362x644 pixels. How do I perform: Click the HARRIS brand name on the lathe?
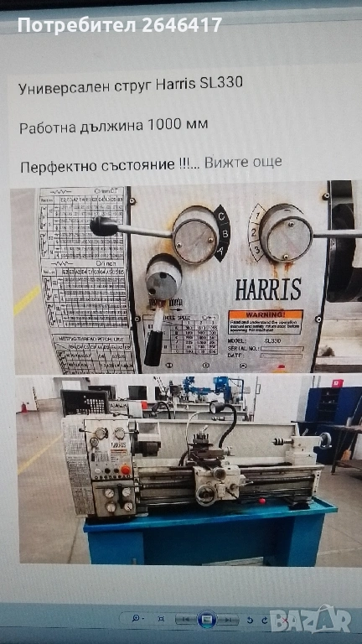(267, 289)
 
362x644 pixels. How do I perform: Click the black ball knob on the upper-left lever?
(102, 226)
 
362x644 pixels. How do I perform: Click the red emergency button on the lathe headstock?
(126, 469)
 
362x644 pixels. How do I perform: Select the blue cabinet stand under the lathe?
(209, 537)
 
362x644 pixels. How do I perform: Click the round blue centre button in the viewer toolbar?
(205, 619)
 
